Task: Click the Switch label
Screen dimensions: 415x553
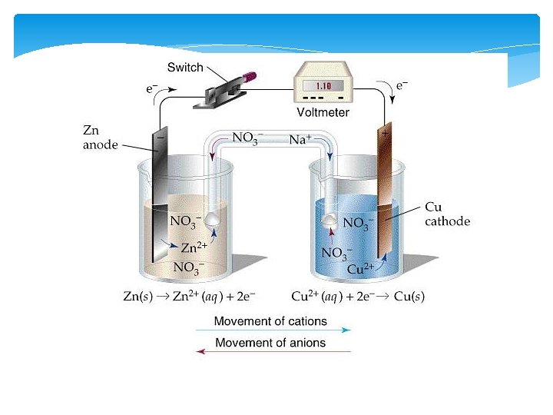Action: point(185,68)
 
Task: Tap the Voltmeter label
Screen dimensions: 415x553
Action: point(323,113)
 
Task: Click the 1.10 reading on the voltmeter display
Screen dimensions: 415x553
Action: point(323,86)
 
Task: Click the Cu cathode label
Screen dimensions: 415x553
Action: point(447,214)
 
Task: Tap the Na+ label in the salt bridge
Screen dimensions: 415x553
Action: point(300,139)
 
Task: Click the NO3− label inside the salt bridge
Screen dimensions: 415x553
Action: point(247,139)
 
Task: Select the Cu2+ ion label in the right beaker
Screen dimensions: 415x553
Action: point(360,269)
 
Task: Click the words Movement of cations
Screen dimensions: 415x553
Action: point(270,321)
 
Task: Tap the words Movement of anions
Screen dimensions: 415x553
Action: point(270,343)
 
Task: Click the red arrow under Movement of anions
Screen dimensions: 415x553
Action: point(273,352)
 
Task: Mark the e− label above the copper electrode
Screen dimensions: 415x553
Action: point(402,86)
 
